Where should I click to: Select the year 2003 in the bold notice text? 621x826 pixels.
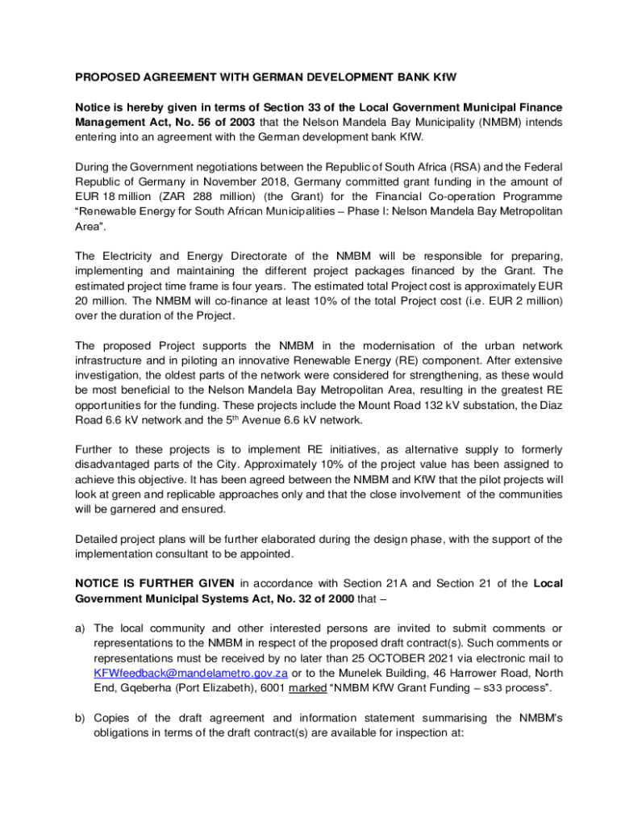(x=242, y=122)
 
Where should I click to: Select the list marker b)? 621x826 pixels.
(x=81, y=717)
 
